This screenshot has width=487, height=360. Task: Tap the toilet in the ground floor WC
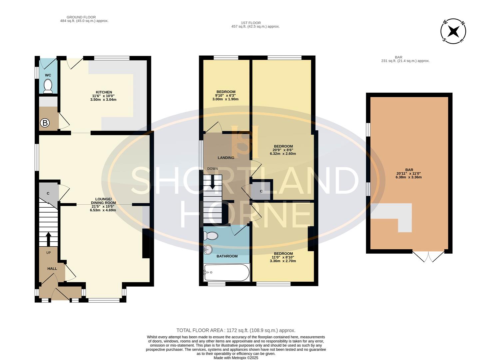pos(48,86)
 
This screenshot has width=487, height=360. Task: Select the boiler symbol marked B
pos(45,123)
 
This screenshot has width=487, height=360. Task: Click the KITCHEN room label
pos(104,92)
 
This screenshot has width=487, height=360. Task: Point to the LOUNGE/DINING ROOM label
pos(103,201)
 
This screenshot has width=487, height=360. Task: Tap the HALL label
pos(52,269)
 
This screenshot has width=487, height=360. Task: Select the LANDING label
pos(226,158)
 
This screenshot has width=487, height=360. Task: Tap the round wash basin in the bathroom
pos(208,249)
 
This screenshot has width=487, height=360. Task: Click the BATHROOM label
pos(227,256)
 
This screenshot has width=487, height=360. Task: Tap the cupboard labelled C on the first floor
pos(261,191)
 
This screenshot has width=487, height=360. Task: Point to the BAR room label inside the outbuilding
pos(409,170)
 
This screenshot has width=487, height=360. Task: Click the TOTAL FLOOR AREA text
pos(236,330)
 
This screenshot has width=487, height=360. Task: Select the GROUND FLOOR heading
pos(81,17)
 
